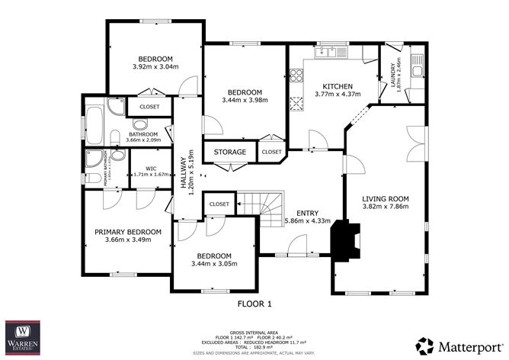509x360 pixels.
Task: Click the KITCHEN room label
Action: click(x=336, y=85)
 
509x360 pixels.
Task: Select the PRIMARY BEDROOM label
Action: click(x=128, y=232)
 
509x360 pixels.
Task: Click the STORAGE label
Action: click(x=229, y=153)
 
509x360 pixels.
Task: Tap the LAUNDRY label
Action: click(x=394, y=76)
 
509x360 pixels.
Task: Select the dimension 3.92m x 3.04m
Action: click(x=155, y=67)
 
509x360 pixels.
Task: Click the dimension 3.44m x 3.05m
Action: click(x=213, y=264)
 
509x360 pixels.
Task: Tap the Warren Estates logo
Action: click(x=23, y=337)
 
